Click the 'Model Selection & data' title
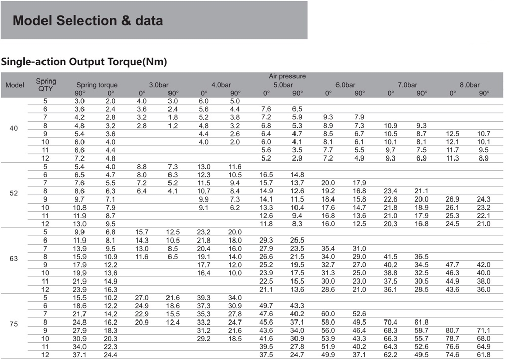point(88,21)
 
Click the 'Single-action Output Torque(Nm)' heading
point(84,62)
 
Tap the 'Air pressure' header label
point(287,76)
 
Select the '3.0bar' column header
point(159,85)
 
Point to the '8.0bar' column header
point(470,85)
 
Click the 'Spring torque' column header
point(97,85)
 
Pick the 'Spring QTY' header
point(46,85)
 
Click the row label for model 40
point(14,128)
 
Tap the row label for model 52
point(14,193)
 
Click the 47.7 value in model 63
point(453,265)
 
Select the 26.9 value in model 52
point(453,199)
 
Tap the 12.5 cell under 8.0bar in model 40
point(453,134)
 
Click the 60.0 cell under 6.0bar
point(328,314)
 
